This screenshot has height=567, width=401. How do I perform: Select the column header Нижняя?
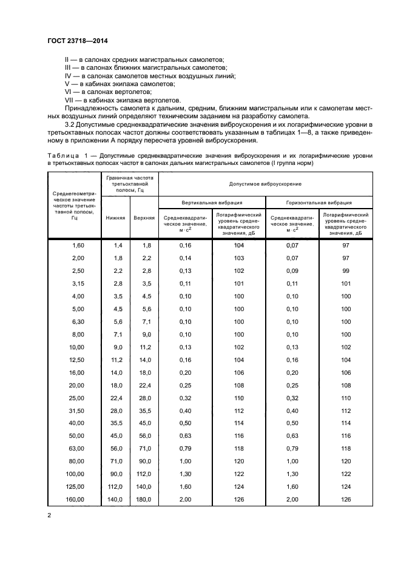pyautogui.click(x=115, y=218)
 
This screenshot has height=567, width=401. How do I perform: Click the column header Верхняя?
pyautogui.click(x=144, y=218)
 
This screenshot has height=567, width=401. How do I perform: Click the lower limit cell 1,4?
pyautogui.click(x=118, y=244)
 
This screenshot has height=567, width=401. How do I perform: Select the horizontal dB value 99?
pyautogui.click(x=346, y=271)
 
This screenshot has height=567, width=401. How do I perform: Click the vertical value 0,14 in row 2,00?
pyautogui.click(x=185, y=258)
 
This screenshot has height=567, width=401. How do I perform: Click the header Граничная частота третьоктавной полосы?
pyautogui.click(x=130, y=183)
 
